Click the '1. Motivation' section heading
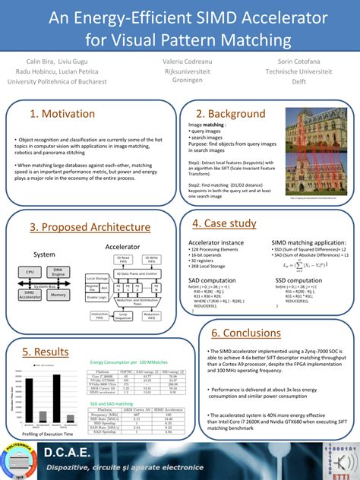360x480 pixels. [x=62, y=114]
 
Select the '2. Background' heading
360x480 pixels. [x=225, y=114]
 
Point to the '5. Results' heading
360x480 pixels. [x=46, y=330]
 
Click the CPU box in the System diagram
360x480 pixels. [x=30, y=271]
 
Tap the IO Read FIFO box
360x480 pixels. [x=122, y=259]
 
